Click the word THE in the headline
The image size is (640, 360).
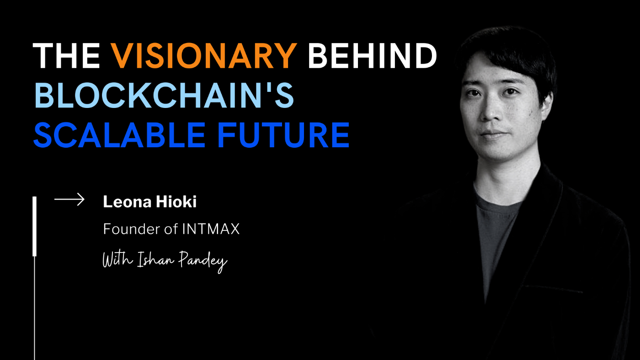pos(67,56)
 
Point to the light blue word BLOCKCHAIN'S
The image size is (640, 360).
pos(164,96)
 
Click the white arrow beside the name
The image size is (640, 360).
pos(69,199)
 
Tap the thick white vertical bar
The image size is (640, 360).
pos(34,226)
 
